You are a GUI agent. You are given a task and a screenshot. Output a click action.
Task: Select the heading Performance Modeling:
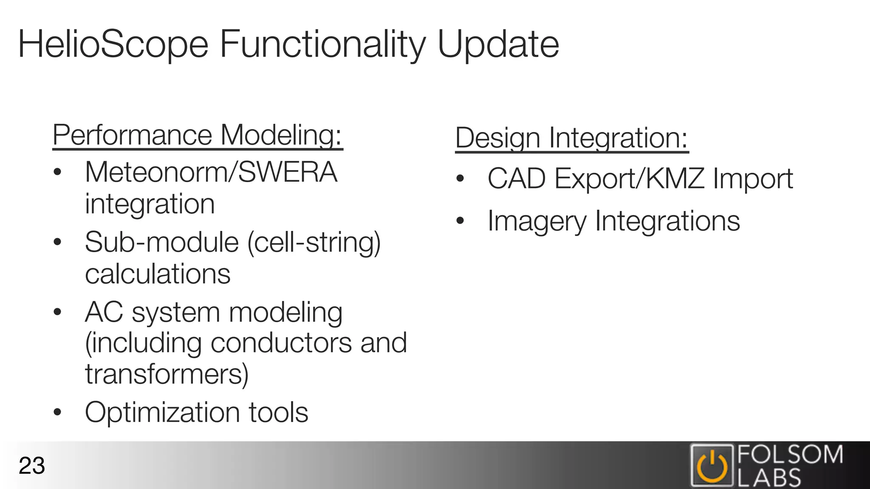pyautogui.click(x=198, y=135)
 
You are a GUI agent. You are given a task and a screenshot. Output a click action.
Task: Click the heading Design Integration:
pyautogui.click(x=571, y=138)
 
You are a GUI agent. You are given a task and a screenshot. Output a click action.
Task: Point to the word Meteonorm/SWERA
pyautogui.click(x=211, y=172)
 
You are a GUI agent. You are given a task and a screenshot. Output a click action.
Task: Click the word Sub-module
pyautogui.click(x=162, y=242)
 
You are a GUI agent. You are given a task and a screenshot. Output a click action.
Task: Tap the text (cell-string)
pyautogui.click(x=314, y=242)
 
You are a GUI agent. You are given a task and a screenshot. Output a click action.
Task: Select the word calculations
pyautogui.click(x=158, y=274)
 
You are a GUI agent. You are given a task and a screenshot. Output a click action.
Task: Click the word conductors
pyautogui.click(x=281, y=343)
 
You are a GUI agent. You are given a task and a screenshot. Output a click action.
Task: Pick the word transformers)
pyautogui.click(x=167, y=374)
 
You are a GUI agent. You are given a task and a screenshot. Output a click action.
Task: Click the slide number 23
pyautogui.click(x=32, y=466)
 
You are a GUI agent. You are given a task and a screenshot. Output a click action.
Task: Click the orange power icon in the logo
pyautogui.click(x=712, y=466)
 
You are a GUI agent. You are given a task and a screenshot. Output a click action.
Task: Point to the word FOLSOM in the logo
pyautogui.click(x=790, y=455)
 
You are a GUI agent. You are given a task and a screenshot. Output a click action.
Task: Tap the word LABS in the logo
pyautogui.click(x=769, y=478)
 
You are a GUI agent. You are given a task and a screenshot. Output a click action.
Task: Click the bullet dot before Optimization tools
pyautogui.click(x=58, y=412)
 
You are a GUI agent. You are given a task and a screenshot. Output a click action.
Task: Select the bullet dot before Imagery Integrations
pyautogui.click(x=460, y=221)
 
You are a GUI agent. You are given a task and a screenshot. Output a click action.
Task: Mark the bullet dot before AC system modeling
pyautogui.click(x=58, y=312)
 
